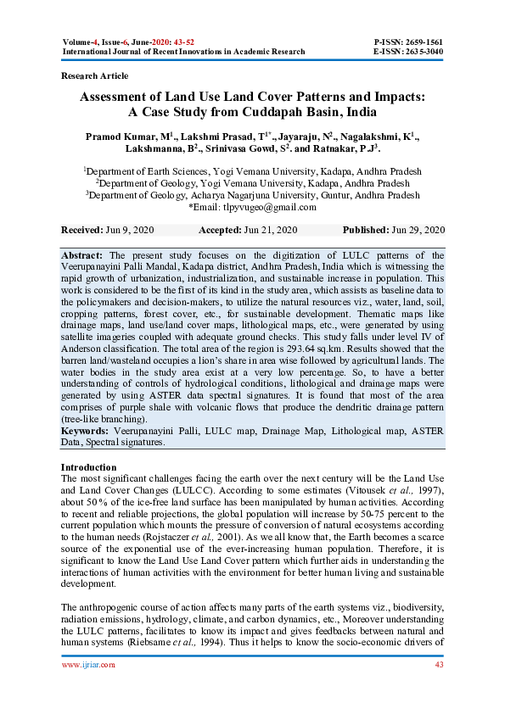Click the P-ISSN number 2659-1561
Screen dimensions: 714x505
(420, 42)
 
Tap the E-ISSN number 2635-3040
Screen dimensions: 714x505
(420, 52)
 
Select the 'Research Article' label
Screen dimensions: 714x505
(96, 76)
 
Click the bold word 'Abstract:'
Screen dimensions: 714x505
(84, 255)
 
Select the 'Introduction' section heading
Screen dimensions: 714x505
(89, 467)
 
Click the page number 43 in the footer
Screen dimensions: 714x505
(439, 688)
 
